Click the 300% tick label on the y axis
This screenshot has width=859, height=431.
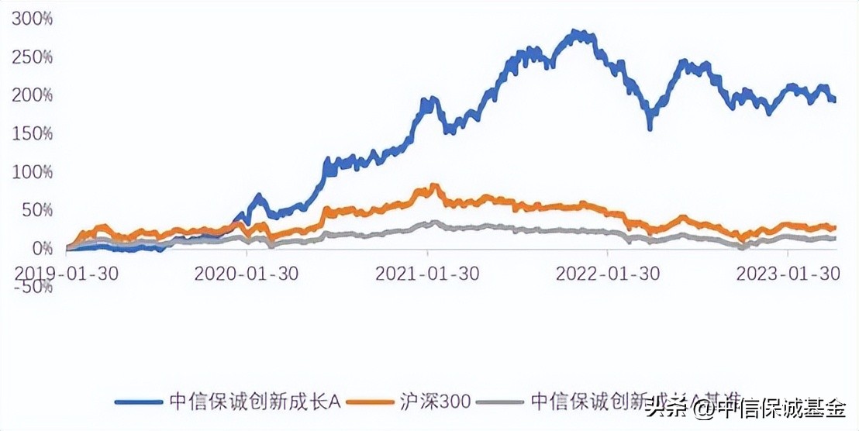click(32, 19)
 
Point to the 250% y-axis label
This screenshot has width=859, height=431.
click(32, 57)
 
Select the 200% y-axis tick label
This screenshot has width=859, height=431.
click(32, 95)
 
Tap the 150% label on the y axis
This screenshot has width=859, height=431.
click(32, 133)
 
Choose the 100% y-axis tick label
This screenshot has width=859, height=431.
click(32, 171)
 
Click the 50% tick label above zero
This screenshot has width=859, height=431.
click(36, 210)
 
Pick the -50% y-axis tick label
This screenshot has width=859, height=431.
click(35, 286)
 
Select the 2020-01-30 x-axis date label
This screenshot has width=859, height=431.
click(247, 274)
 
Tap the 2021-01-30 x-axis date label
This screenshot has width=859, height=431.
click(427, 274)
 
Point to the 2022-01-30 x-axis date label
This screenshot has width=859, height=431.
click(608, 274)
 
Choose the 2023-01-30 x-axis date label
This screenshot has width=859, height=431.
click(788, 274)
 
